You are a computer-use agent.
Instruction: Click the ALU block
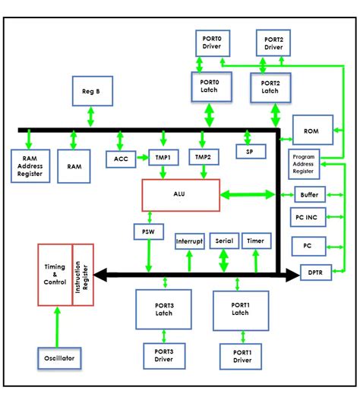(x=179, y=195)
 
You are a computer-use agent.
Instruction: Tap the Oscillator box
(x=59, y=356)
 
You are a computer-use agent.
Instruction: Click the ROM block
(x=311, y=131)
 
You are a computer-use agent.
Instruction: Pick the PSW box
(x=148, y=231)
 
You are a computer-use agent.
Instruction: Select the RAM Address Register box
(x=31, y=165)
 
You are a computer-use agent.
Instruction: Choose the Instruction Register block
(x=83, y=274)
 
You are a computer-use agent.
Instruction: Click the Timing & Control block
(x=55, y=274)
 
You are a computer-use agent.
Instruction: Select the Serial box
(x=224, y=241)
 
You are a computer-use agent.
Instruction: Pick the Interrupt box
(x=189, y=241)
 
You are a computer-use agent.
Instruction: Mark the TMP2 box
(x=201, y=158)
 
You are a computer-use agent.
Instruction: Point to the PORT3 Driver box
(x=166, y=355)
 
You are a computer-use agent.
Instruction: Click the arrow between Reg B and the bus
(x=91, y=116)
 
